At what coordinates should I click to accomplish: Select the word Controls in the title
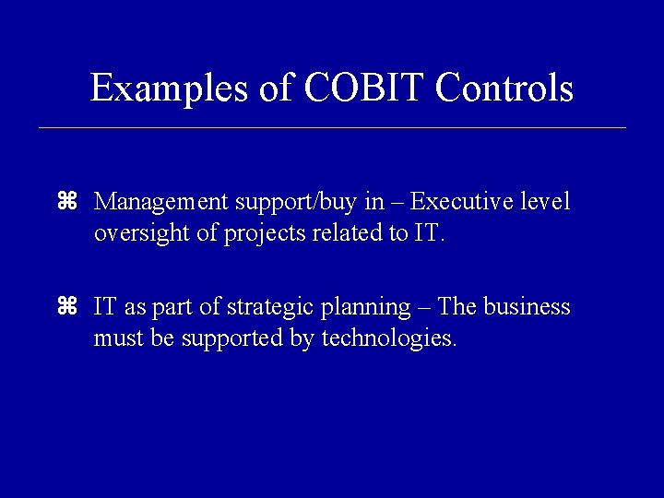[504, 89]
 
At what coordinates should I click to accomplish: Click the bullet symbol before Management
[65, 201]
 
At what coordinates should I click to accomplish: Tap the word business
[528, 307]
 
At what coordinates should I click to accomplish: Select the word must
[116, 339]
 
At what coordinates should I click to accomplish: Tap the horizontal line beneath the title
[332, 127]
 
